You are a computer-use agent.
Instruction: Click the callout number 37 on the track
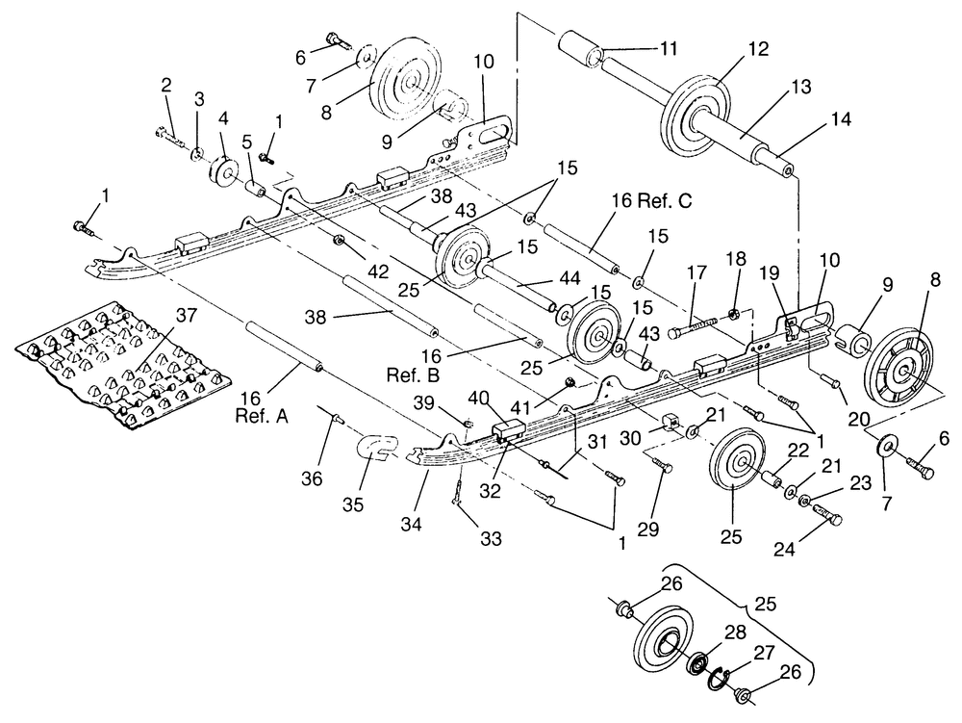pos(187,316)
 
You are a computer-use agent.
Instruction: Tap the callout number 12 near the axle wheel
pos(759,49)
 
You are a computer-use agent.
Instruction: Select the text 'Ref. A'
pos(262,416)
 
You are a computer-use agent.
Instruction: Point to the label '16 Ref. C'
pos(651,200)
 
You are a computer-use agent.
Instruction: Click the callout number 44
pos(570,278)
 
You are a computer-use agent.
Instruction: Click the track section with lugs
pos(123,366)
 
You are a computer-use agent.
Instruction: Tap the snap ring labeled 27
pos(719,678)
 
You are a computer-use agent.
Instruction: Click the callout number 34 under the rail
pos(412,525)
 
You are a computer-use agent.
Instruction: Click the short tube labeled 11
pos(580,52)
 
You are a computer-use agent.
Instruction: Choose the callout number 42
pos(378,271)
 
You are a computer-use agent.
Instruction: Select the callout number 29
pos(647,528)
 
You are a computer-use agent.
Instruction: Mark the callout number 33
pos(491,538)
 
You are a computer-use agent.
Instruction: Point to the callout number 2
pos(166,86)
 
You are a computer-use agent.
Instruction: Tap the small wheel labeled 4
pos(224,172)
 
